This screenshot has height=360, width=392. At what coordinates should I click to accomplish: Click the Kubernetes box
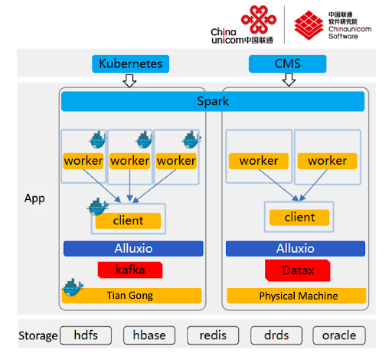[130, 64]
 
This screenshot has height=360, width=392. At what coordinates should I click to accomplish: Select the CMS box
[287, 64]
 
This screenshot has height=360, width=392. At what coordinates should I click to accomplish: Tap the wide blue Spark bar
[213, 101]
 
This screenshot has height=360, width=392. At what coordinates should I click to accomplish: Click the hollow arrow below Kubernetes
[129, 80]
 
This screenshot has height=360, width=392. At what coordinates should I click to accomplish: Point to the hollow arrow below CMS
[289, 80]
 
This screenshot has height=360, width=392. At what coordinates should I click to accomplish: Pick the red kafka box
[130, 270]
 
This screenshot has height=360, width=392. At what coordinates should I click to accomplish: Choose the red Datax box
[298, 270]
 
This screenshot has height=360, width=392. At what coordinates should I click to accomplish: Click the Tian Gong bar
[132, 296]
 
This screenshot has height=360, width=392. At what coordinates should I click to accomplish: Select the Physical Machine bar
[296, 296]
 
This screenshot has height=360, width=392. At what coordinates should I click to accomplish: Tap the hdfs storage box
[86, 335]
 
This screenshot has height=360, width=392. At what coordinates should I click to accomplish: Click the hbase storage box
[149, 335]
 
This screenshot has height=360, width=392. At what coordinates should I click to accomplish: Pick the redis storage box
[213, 335]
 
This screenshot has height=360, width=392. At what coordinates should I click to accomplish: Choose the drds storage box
[276, 335]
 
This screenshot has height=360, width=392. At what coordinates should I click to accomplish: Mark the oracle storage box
[339, 335]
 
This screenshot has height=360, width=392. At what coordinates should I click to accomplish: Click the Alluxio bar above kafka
[133, 248]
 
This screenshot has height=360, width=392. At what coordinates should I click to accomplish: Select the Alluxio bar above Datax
[296, 248]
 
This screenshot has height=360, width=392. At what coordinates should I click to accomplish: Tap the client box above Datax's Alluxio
[299, 218]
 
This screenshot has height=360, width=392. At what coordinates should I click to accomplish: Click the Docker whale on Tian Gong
[73, 287]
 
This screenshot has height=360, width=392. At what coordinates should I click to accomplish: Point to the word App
[34, 198]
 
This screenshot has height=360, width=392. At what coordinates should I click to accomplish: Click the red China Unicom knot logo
[259, 20]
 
